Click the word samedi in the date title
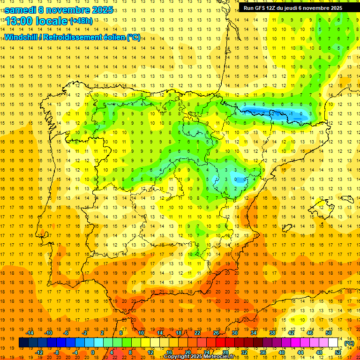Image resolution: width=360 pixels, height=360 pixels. (x=21, y=10)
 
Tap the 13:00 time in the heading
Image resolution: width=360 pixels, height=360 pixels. (x=19, y=21)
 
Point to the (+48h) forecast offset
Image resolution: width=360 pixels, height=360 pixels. (x=81, y=21)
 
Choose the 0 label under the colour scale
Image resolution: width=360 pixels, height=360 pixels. (x=93, y=352)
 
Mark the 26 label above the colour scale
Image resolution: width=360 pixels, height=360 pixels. (x=216, y=333)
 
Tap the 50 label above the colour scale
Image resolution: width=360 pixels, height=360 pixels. (x=329, y=333)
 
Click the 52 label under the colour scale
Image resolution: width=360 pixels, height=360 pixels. (x=338, y=352)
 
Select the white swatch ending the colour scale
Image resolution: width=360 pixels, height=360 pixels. (x=333, y=343)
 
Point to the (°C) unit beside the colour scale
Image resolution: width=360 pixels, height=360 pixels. (x=349, y=343)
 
